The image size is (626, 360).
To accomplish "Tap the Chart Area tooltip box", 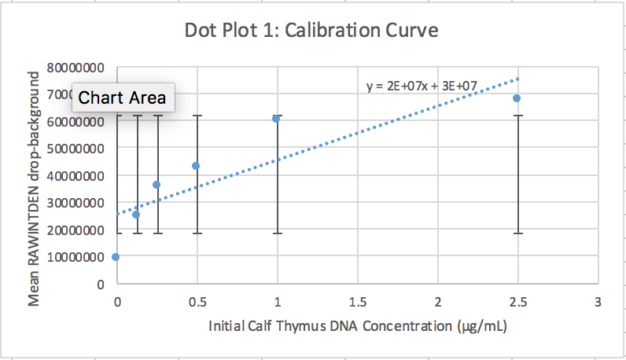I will (123, 97).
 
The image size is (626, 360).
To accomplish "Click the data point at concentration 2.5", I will (517, 98).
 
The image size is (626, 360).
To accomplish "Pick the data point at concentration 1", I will (276, 119).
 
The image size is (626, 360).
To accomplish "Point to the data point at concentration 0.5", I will (196, 166).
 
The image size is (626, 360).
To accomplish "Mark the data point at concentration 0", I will (116, 257).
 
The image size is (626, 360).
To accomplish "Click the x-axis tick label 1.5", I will (357, 302).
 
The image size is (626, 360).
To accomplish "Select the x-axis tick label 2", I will (437, 302).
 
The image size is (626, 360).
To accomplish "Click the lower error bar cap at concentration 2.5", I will (517, 233).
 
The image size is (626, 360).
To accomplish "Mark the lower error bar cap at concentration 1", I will (276, 233).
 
